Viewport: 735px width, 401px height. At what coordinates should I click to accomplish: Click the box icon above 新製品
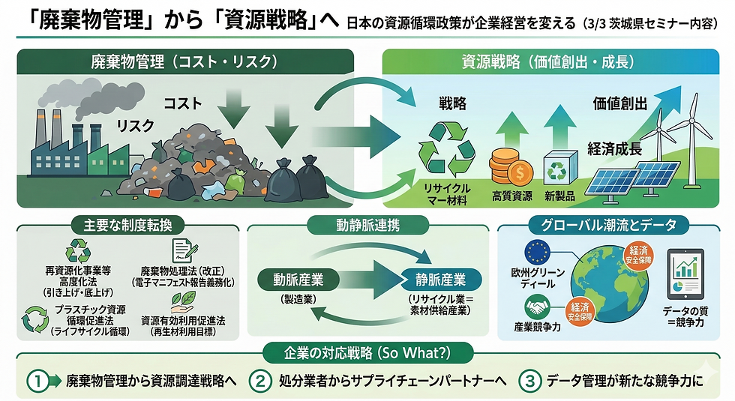click(x=558, y=166)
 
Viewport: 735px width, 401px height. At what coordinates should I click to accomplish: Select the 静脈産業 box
click(x=440, y=280)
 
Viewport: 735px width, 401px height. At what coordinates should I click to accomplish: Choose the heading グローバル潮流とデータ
click(x=613, y=224)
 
